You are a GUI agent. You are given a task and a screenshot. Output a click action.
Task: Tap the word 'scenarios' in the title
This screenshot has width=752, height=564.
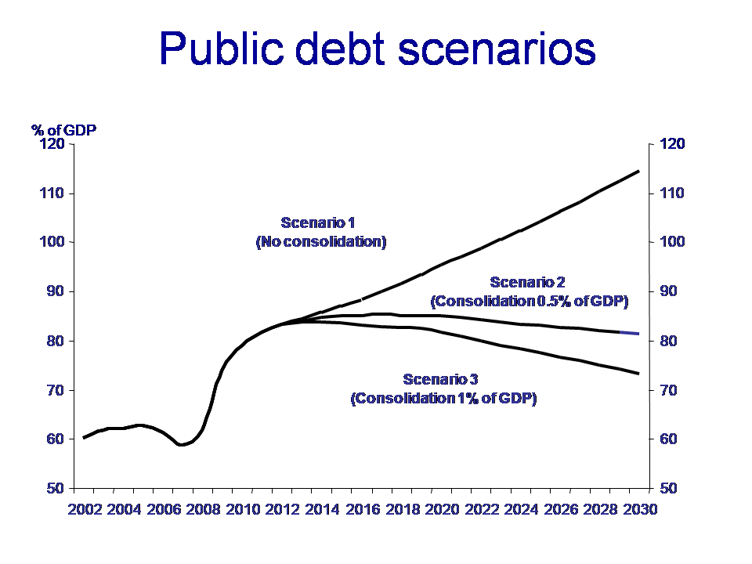coord(497,49)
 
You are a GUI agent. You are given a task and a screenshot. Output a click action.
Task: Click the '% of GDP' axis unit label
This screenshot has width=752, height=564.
coord(63,130)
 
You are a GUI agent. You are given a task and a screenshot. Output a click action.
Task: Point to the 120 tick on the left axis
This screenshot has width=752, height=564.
coord(52,143)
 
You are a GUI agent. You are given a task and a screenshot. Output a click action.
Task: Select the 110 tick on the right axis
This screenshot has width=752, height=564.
coord(672,193)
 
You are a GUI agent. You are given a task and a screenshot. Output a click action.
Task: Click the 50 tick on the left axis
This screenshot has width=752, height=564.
coord(56,488)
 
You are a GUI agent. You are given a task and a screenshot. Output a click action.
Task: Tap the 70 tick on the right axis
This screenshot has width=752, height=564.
coord(668,390)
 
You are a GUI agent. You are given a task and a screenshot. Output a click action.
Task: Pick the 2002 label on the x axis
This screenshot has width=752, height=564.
coord(85,509)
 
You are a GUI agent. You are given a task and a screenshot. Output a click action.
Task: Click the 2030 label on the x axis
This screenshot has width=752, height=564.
coord(640,509)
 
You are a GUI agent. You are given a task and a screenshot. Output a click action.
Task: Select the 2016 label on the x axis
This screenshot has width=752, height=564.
coord(363,509)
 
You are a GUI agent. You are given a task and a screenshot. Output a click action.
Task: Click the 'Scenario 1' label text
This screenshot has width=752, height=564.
coord(317,222)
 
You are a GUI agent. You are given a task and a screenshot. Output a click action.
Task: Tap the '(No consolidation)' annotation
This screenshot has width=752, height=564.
coord(321,242)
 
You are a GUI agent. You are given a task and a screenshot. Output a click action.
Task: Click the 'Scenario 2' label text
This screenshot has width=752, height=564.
coord(527,282)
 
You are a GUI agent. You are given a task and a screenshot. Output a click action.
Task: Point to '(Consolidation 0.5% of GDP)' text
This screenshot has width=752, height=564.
coord(530,301)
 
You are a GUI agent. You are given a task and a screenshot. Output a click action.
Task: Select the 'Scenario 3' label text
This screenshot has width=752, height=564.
coord(441,379)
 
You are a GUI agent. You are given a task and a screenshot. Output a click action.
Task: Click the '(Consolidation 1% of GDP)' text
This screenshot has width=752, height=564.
coord(443,399)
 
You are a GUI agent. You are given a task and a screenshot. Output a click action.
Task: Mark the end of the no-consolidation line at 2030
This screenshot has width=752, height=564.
coord(639,172)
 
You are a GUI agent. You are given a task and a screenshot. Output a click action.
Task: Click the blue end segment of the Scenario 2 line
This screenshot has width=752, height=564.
coord(630,333)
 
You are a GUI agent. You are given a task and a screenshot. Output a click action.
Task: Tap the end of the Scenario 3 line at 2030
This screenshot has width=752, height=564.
coord(639,374)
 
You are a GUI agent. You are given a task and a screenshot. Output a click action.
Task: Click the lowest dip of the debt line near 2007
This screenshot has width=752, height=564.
coord(181,445)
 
